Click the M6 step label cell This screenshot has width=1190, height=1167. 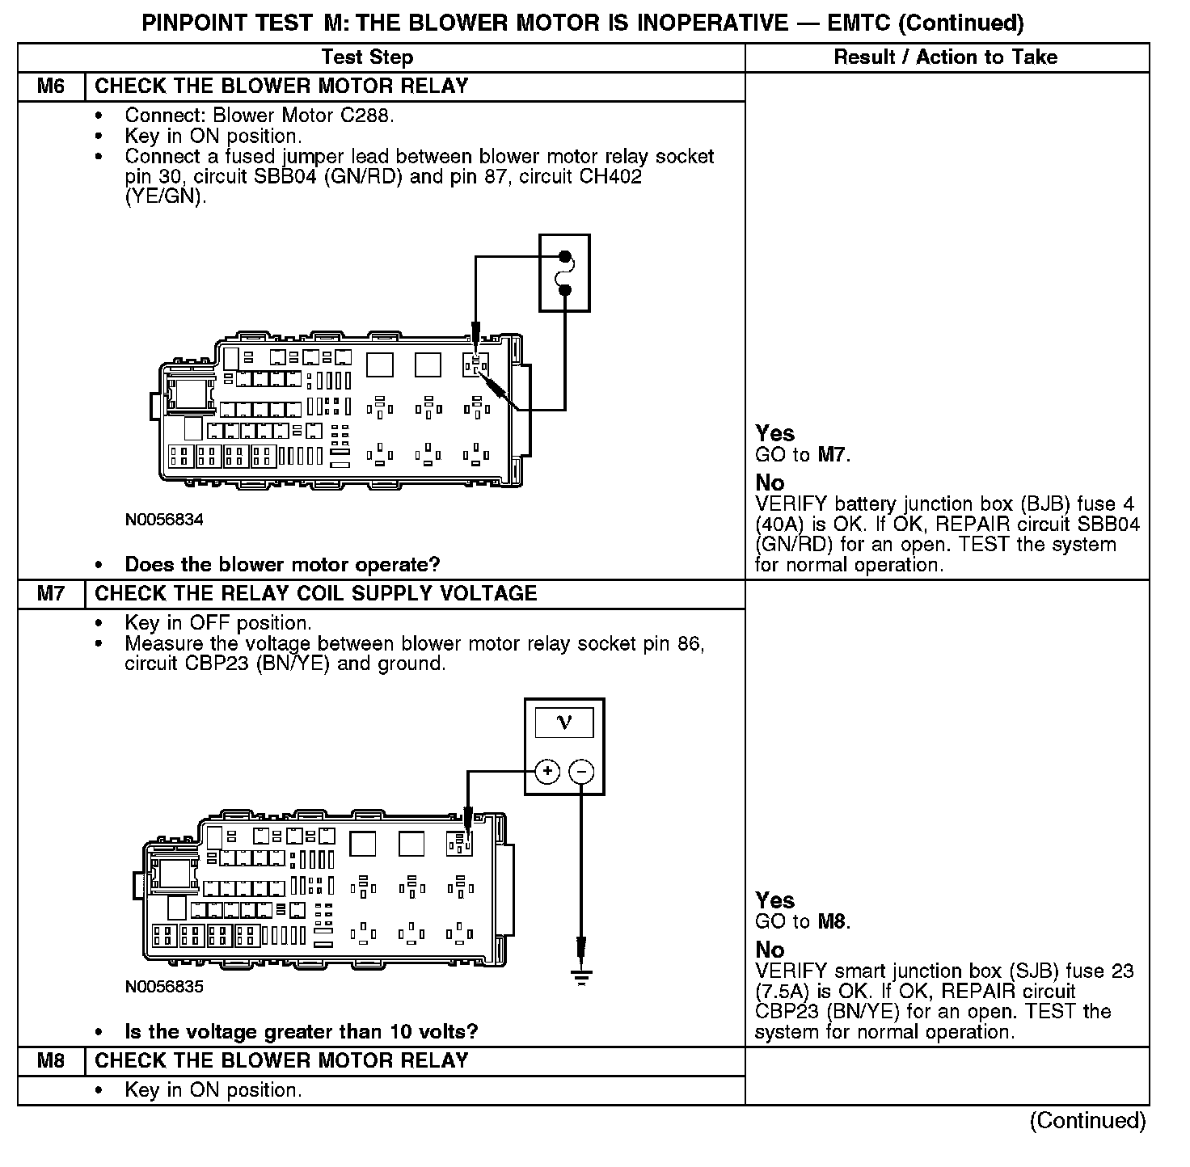point(51,86)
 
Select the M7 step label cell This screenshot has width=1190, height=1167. point(51,594)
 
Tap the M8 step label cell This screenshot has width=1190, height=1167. point(51,1061)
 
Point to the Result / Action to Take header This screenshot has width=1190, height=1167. point(945,57)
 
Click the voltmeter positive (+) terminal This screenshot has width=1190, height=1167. point(547,772)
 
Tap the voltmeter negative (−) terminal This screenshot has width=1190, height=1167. point(581,772)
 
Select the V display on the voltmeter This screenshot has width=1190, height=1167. point(564,723)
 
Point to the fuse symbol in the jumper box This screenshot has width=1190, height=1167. point(565,273)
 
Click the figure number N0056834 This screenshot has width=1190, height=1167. point(164,520)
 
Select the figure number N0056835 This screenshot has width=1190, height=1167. point(164,987)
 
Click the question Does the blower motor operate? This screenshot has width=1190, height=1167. point(282,564)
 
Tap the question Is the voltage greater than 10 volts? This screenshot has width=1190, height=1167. point(301,1031)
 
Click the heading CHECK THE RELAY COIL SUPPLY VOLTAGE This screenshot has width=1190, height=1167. point(316,594)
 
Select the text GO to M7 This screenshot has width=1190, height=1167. point(803,455)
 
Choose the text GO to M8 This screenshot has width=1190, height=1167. point(803,922)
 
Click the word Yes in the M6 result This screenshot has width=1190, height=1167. point(774,434)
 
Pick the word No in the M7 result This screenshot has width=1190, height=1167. point(770,950)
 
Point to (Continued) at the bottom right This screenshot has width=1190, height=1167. point(1087,1121)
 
